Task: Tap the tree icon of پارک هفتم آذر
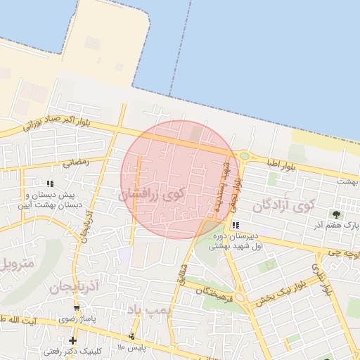(337, 214)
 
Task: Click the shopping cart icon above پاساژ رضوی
(77, 309)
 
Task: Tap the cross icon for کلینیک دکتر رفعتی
(72, 340)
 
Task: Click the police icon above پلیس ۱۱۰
(131, 337)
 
